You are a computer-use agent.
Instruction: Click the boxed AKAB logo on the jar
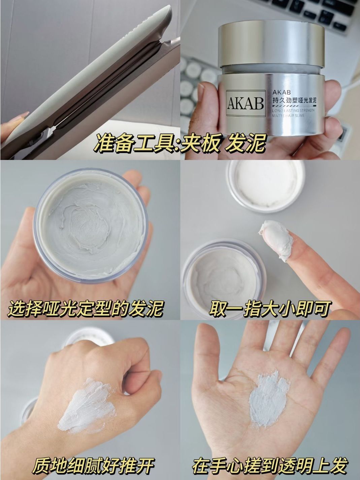(246, 103)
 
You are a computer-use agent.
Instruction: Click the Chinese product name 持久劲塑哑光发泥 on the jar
(294, 101)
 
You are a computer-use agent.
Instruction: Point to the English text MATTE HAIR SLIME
(288, 116)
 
